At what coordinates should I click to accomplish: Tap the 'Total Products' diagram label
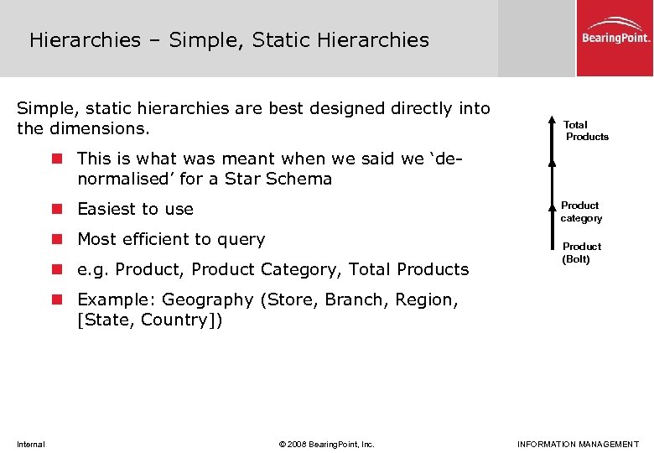[x=586, y=130]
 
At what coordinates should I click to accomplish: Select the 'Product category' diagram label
[x=581, y=211]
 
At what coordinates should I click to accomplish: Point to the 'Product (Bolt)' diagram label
[x=581, y=253]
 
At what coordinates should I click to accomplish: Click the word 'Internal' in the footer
[x=31, y=444]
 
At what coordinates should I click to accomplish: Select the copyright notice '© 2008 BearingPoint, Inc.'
[x=327, y=444]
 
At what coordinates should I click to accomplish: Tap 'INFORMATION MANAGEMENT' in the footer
[x=578, y=444]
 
